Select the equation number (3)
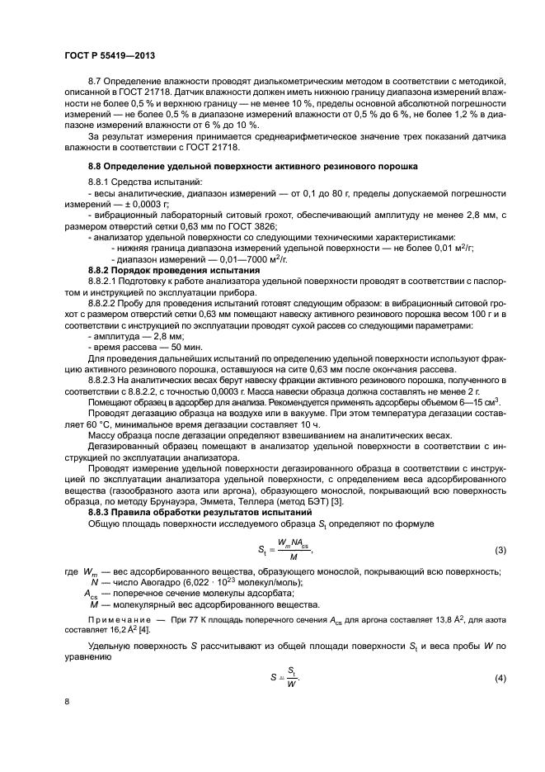499,550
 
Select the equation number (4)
499,679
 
